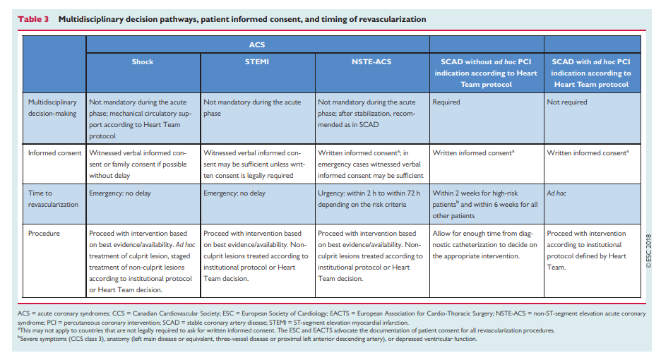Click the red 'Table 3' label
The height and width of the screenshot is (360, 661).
point(33,19)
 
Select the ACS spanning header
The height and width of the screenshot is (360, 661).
point(257,44)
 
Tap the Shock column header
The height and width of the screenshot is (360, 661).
point(143,61)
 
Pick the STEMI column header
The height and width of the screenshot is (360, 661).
point(257,61)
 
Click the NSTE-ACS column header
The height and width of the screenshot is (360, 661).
point(371,61)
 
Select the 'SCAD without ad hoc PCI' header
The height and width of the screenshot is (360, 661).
point(486,73)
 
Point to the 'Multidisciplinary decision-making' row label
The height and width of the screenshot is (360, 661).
point(53,107)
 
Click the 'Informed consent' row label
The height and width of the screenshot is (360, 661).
point(55,153)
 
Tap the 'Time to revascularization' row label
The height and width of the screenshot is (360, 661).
point(53,198)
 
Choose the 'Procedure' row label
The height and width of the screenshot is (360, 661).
point(44,233)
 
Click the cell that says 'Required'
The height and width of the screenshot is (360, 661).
point(446,102)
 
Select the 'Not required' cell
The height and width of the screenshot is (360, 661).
point(566,102)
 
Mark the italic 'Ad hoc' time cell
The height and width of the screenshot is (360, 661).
point(556,193)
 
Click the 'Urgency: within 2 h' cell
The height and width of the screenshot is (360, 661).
point(369,198)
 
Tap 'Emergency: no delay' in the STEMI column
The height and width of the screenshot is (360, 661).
point(234,193)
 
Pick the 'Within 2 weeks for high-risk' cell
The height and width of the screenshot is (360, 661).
point(485,205)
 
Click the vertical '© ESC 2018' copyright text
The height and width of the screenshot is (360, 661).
point(648,251)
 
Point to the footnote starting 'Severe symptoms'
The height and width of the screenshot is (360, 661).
point(247,339)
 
